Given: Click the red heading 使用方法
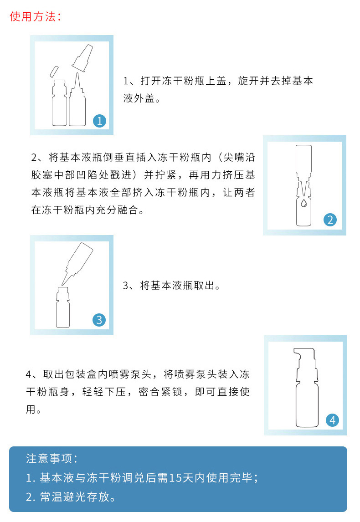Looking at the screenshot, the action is [33, 16].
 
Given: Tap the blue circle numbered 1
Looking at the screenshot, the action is [100, 121].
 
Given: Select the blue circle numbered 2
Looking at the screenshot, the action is [330, 220].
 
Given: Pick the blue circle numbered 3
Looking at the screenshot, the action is [99, 320].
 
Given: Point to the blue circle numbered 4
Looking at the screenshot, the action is [332, 420].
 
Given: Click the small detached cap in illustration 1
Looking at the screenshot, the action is [54, 72].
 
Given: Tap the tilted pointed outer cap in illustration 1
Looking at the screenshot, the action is [82, 58].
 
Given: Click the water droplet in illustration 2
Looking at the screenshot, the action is [303, 203].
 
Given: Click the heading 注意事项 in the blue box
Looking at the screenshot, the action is [49, 459].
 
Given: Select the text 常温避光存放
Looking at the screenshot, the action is [75, 496].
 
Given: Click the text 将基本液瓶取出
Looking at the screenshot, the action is [177, 285].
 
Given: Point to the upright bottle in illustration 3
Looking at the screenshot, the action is [63, 307].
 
